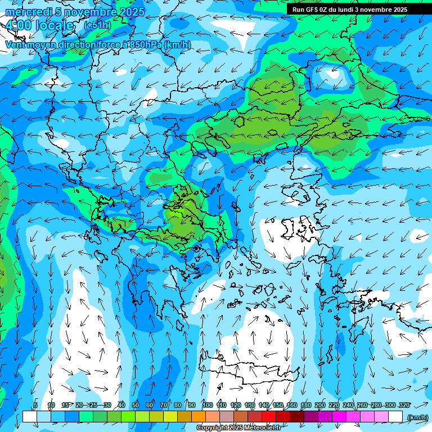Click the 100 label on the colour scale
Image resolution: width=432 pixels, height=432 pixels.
208,405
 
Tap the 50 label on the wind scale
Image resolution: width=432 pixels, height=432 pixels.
136,405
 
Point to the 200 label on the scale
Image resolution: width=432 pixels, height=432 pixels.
320,405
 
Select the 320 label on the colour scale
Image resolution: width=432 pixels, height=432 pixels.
404,405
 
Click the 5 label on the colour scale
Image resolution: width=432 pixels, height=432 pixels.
35,405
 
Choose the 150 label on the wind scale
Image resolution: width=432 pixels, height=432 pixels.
278,405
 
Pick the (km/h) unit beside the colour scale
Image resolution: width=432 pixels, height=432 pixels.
417,417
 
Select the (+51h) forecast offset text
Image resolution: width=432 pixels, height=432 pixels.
97,25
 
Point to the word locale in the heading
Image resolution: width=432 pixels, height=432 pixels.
55,25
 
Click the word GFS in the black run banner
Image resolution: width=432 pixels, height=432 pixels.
319,10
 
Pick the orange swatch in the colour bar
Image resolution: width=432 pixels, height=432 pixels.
198,417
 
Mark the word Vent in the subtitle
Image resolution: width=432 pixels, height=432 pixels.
15,44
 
